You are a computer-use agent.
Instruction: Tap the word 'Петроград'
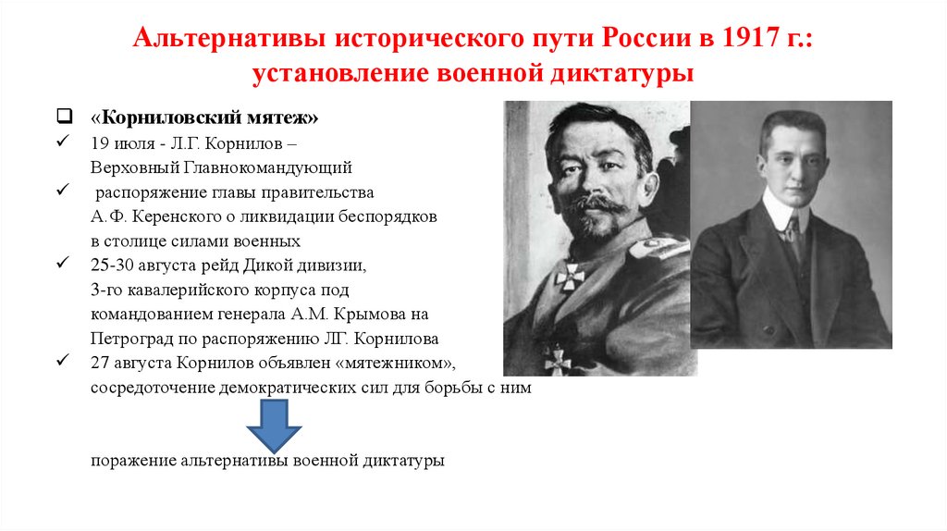tap(127, 338)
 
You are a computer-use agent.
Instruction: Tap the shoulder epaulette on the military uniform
tap(658, 249)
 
